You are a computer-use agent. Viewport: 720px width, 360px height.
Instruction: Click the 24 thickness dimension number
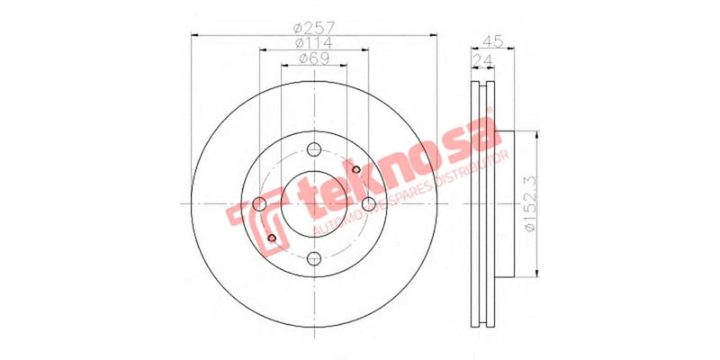483,60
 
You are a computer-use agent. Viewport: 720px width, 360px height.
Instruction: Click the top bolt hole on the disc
313,150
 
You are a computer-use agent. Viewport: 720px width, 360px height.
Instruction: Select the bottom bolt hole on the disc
313,259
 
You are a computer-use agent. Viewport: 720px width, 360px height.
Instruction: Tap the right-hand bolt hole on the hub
368,205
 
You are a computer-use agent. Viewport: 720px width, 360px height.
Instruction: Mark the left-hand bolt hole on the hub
259,205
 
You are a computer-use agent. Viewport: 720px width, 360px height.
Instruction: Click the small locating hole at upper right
356,169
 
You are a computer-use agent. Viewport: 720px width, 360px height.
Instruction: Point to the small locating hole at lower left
271,238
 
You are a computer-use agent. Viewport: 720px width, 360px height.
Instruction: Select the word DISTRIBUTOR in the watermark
472,172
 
